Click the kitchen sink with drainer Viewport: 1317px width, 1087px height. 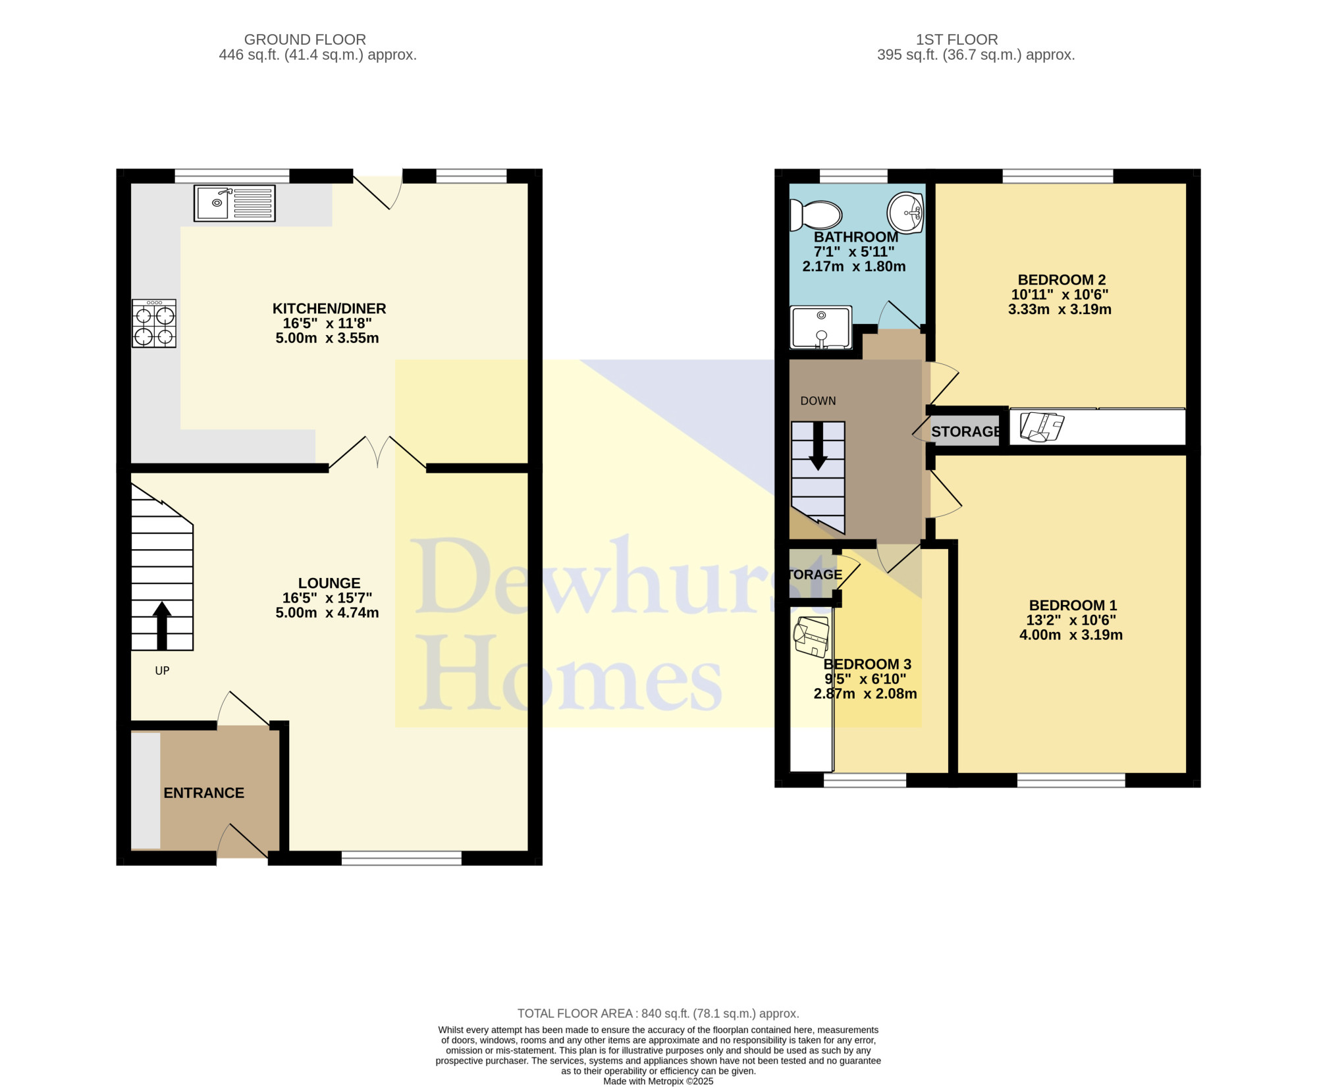tap(234, 203)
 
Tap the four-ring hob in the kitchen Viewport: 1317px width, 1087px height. tap(154, 323)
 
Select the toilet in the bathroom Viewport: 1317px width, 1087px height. tap(817, 215)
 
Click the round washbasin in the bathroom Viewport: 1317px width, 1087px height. tap(905, 213)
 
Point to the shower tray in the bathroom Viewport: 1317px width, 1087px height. tap(821, 327)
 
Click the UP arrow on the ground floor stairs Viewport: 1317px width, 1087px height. tap(162, 625)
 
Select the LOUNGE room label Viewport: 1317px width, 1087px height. tap(329, 583)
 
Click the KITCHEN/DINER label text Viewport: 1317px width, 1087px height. tap(329, 308)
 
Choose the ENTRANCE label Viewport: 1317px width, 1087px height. tap(203, 793)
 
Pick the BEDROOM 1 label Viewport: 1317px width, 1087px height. tap(1073, 605)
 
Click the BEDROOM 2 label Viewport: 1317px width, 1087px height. tap(1062, 280)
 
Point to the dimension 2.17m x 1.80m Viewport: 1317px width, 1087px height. tap(854, 267)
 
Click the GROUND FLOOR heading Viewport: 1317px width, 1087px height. tap(305, 40)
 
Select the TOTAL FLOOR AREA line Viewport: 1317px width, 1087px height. tap(658, 1013)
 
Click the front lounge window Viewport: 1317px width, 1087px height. tap(402, 858)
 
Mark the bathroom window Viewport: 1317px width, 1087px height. tap(853, 176)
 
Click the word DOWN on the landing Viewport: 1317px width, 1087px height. tap(818, 401)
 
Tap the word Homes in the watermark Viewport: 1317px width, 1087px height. tap(570, 673)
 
